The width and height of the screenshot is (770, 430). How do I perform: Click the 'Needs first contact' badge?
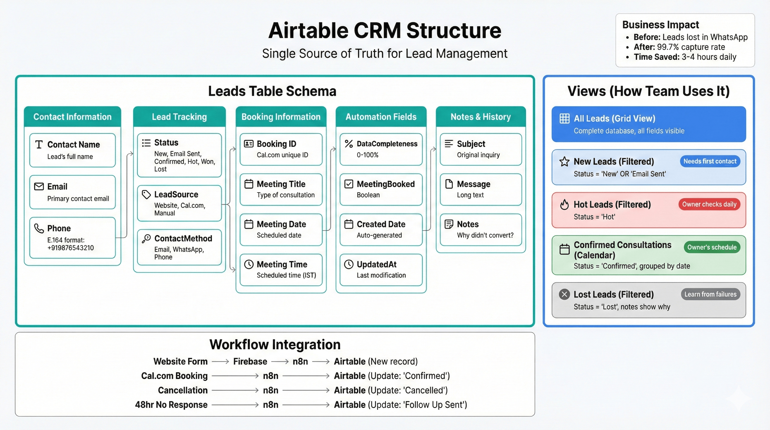click(x=710, y=162)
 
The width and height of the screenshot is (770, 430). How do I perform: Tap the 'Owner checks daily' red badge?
click(x=709, y=204)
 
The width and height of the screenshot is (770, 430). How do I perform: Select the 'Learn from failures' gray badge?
click(x=710, y=294)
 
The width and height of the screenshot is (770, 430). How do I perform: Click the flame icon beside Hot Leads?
click(x=564, y=205)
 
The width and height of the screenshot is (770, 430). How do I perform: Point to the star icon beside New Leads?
click(x=564, y=162)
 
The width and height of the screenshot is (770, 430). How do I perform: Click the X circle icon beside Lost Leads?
click(x=564, y=294)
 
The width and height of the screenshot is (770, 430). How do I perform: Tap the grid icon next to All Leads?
click(x=564, y=118)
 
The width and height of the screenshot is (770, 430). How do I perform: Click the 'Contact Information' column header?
click(x=72, y=117)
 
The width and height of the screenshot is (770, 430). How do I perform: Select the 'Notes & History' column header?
click(x=481, y=117)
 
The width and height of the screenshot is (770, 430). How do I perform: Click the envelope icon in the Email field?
click(x=39, y=187)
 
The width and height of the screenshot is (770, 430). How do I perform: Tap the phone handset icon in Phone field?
click(x=39, y=228)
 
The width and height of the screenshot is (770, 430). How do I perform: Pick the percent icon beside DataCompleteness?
click(x=349, y=144)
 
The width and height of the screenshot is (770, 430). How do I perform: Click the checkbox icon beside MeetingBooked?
click(x=349, y=184)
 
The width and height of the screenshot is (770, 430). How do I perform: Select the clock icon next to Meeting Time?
click(x=249, y=264)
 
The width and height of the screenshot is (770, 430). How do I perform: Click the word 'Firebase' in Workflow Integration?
click(x=250, y=361)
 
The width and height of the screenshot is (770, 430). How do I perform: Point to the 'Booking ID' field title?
click(x=276, y=144)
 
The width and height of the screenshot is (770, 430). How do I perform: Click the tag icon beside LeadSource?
click(x=146, y=195)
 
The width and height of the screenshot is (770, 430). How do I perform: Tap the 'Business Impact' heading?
click(x=660, y=25)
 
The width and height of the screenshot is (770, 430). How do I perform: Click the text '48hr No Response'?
click(x=171, y=405)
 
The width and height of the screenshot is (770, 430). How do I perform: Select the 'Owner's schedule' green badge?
click(x=712, y=247)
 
